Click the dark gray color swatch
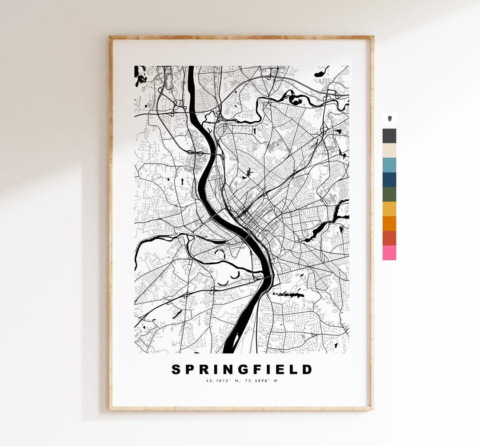(389, 136)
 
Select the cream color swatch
(389, 151)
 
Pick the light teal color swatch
(389, 165)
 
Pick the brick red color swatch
(389, 238)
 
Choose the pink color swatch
(389, 253)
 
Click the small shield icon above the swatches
(389, 119)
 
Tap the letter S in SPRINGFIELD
(176, 370)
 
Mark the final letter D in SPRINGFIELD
(307, 370)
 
